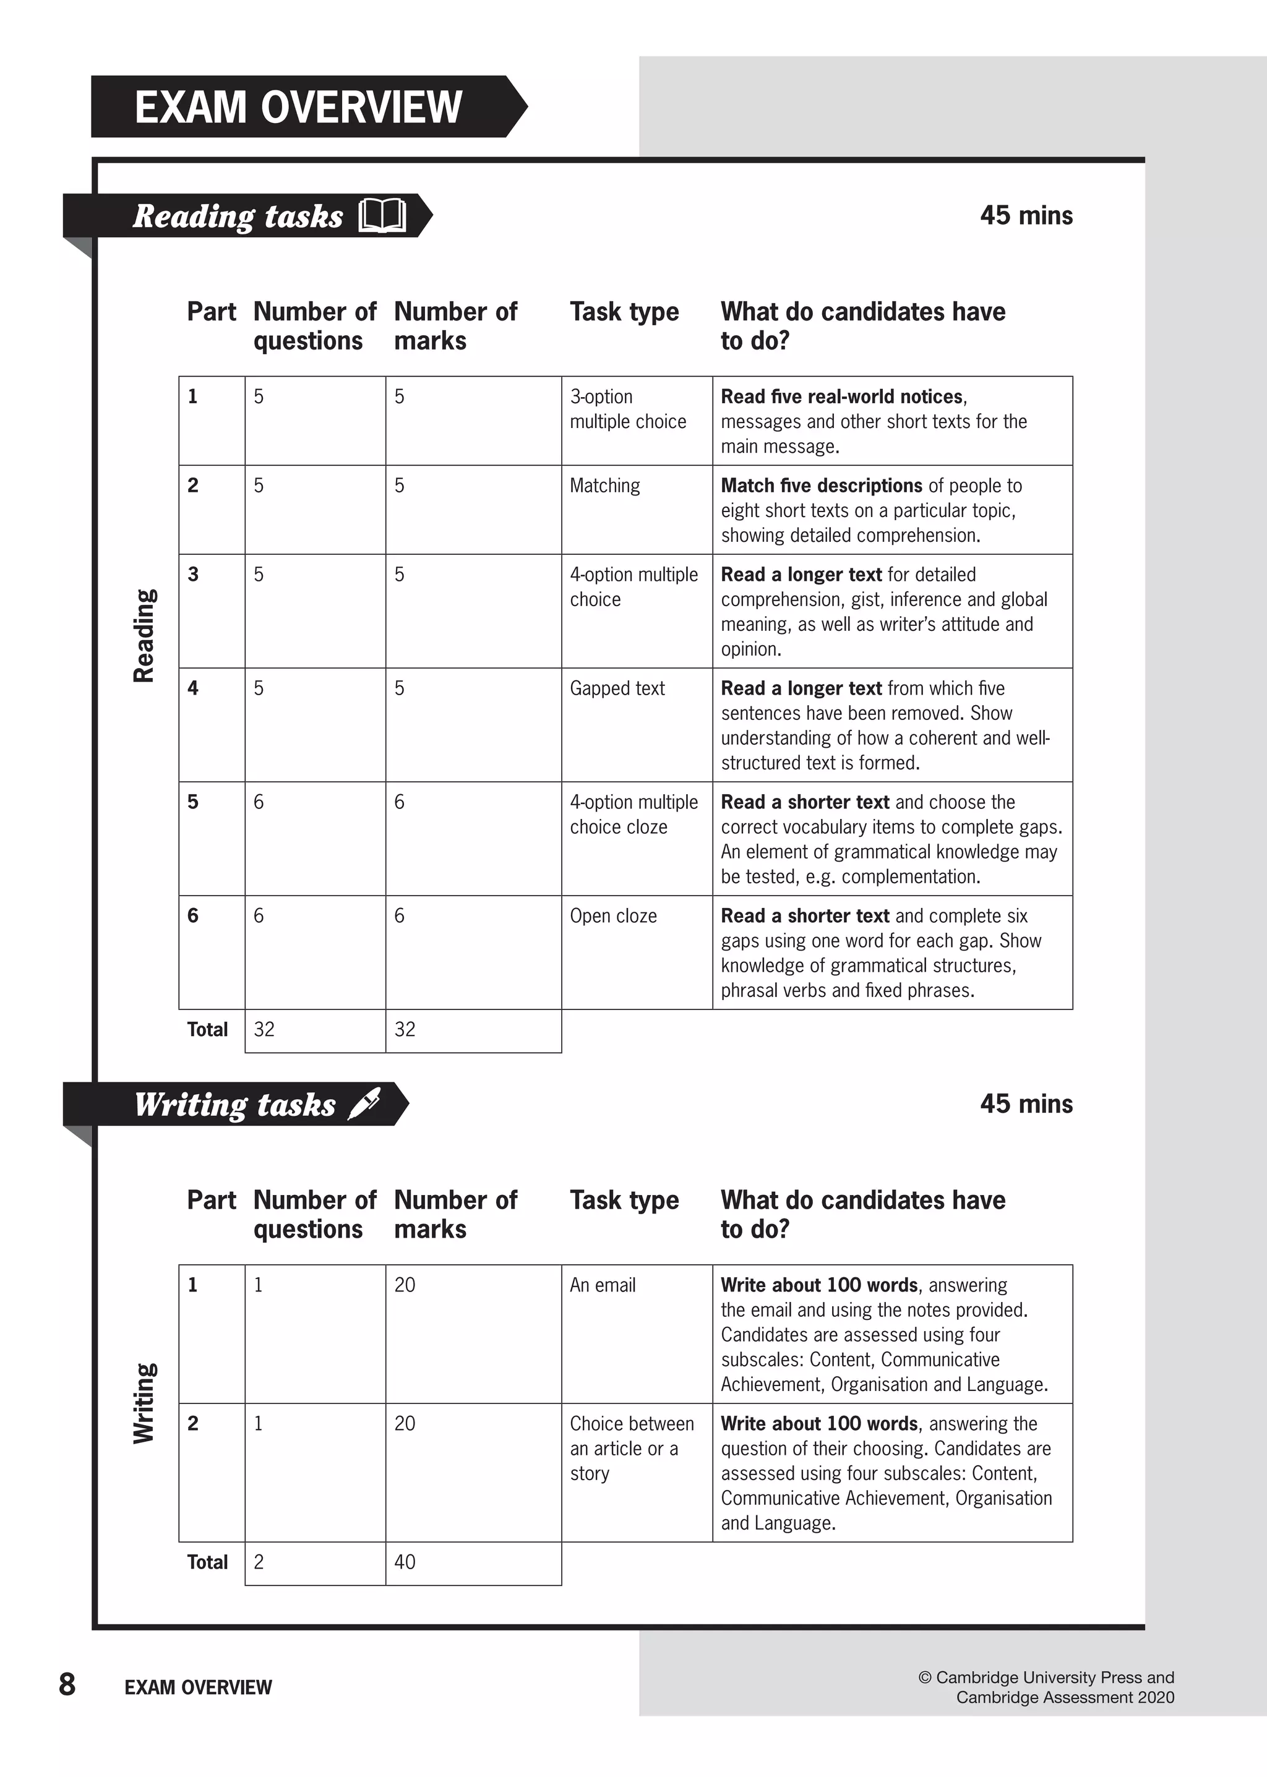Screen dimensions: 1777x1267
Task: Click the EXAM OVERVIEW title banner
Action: [x=299, y=107]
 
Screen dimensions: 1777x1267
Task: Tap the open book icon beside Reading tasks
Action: [x=382, y=216]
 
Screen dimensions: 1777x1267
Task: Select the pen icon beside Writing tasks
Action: [x=364, y=1104]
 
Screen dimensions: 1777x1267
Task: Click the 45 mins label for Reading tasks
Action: [x=1025, y=215]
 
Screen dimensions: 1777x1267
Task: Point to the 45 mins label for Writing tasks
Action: [x=1025, y=1104]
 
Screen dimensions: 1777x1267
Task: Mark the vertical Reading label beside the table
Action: [x=144, y=636]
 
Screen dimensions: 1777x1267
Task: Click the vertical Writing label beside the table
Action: [x=144, y=1403]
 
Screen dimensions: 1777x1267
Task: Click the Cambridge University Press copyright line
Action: [x=1046, y=1677]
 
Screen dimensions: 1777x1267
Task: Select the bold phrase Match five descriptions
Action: [x=821, y=486]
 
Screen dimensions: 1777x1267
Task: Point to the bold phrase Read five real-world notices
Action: [x=841, y=397]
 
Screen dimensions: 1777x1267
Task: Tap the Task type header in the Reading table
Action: [x=624, y=312]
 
